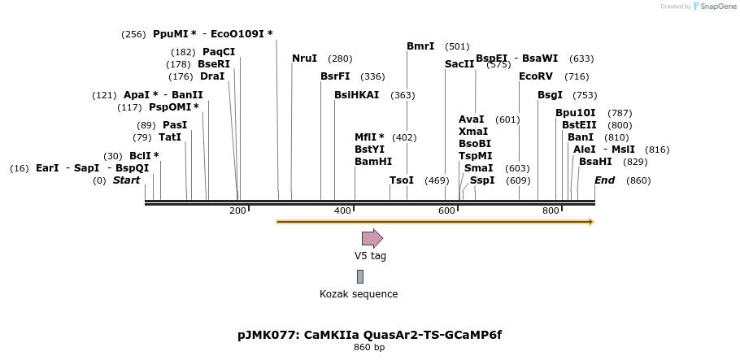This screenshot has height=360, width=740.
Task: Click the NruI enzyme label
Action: point(304,59)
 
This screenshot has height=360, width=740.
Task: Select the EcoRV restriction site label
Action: point(535,76)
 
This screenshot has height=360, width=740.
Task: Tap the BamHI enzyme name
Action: point(373,162)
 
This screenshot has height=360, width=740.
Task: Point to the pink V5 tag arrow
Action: point(372,238)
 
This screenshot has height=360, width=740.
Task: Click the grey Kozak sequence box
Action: point(360,276)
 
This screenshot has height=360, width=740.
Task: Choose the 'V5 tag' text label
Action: point(370,256)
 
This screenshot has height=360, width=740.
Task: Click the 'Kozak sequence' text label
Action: point(359,294)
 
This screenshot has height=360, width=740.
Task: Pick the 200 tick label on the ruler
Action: point(237,211)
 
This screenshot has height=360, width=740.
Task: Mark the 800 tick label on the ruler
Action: point(551,211)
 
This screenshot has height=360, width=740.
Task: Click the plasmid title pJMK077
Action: point(369,335)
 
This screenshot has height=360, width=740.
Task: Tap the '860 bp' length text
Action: point(369,348)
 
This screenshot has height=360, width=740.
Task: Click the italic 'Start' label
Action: point(126,180)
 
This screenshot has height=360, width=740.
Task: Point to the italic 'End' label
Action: point(604,180)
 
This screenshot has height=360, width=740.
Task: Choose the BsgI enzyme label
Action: point(550,95)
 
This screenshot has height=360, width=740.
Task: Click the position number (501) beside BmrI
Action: point(457,46)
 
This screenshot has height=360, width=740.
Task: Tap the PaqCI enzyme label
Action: point(219,52)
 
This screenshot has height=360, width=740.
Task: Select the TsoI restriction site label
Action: point(402,180)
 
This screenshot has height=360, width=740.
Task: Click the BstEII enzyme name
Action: point(579,125)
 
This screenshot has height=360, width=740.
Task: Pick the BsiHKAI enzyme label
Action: point(356,95)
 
